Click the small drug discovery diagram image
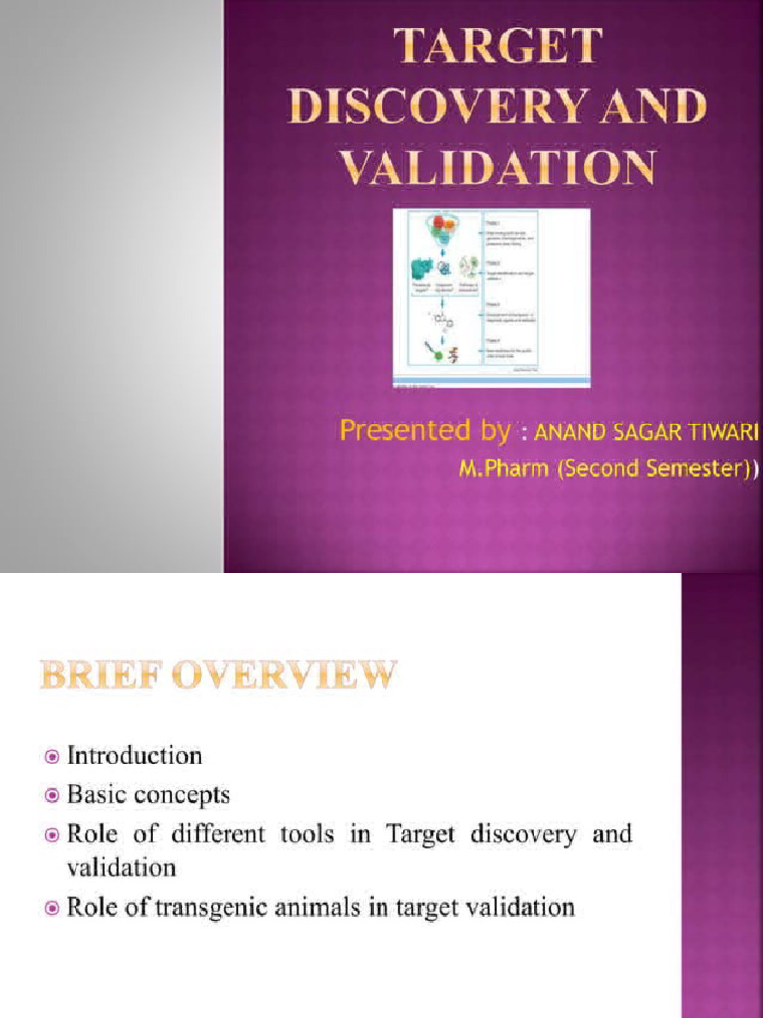[x=492, y=297]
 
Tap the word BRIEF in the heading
[x=99, y=678]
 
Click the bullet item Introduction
[x=134, y=756]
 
